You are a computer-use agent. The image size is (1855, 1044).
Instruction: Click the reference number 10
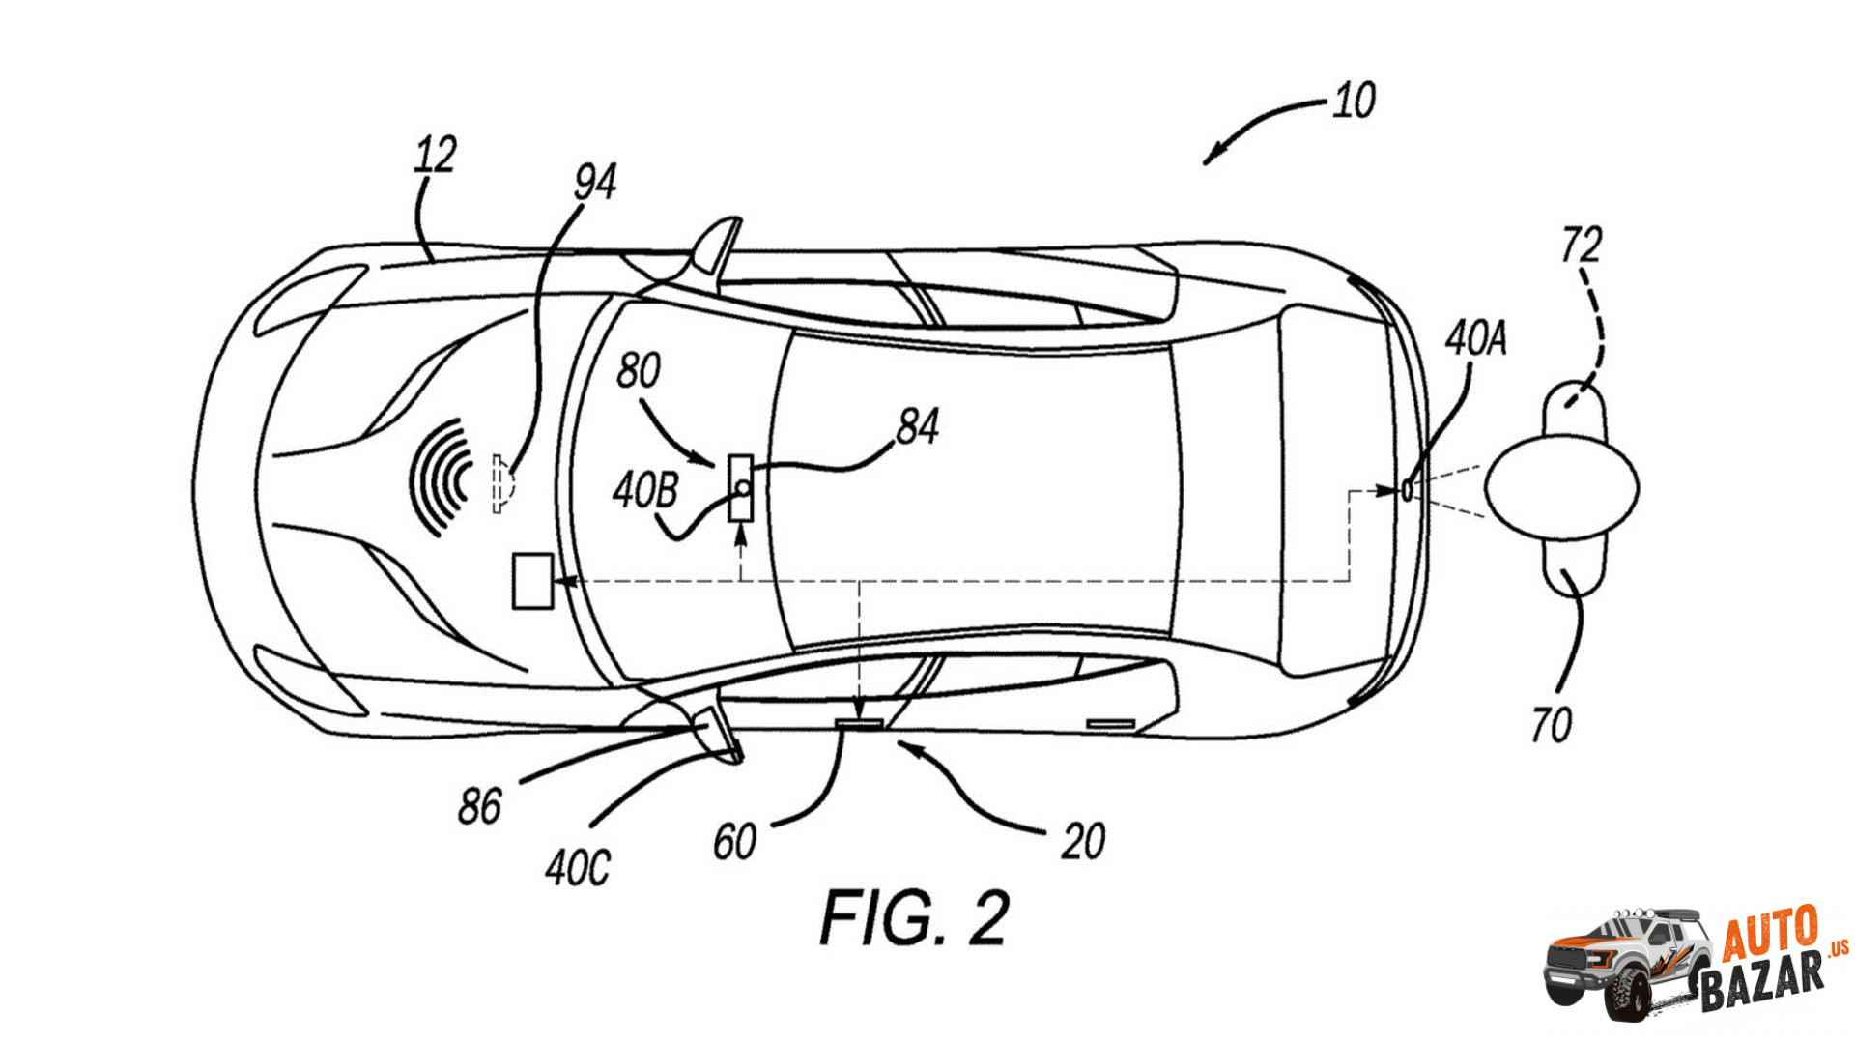pyautogui.click(x=1354, y=101)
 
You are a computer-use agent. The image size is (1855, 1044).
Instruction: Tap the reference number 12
pyautogui.click(x=435, y=155)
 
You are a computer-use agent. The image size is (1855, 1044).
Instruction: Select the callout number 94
pyautogui.click(x=594, y=182)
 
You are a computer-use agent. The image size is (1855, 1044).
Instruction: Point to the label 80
pyautogui.click(x=639, y=370)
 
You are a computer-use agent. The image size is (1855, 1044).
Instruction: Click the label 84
pyautogui.click(x=917, y=426)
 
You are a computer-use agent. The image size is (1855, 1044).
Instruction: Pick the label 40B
pyautogui.click(x=645, y=491)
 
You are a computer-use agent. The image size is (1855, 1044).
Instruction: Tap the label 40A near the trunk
pyautogui.click(x=1475, y=338)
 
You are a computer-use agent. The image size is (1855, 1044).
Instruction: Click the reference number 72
pyautogui.click(x=1582, y=245)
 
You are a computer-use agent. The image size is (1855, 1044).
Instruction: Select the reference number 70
pyautogui.click(x=1551, y=725)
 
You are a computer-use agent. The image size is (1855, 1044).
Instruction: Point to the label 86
pyautogui.click(x=479, y=806)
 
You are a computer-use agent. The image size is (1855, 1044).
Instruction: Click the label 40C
pyautogui.click(x=578, y=867)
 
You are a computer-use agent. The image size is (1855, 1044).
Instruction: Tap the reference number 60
pyautogui.click(x=734, y=842)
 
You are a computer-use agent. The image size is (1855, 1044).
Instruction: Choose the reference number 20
pyautogui.click(x=1083, y=842)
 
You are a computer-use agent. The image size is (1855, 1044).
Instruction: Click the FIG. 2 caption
pyautogui.click(x=914, y=917)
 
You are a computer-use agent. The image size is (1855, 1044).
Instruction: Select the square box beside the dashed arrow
pyautogui.click(x=531, y=581)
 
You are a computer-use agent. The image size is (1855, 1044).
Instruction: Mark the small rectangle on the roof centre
pyautogui.click(x=741, y=487)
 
